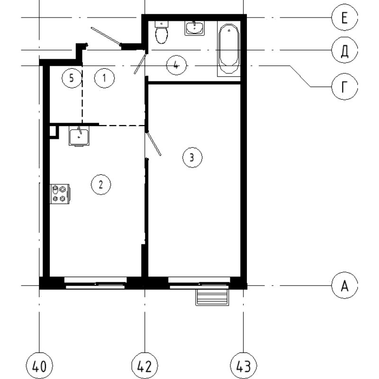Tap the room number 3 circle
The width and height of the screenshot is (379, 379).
point(192,157)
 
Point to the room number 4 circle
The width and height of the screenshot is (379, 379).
point(176,65)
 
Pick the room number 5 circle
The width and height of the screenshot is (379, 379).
point(72,78)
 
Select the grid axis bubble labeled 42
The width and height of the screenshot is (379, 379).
point(144,366)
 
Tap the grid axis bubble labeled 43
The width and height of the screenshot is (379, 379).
point(243,366)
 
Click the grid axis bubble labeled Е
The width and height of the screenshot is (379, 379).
point(344,18)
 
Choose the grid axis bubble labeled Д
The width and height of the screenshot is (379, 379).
point(344,51)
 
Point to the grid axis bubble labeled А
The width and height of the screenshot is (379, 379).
point(344,286)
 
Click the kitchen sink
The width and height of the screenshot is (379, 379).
point(79,136)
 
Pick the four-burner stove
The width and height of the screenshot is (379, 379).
point(60,194)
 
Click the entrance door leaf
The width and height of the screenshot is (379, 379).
point(106,36)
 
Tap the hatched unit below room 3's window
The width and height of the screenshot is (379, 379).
point(212,297)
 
